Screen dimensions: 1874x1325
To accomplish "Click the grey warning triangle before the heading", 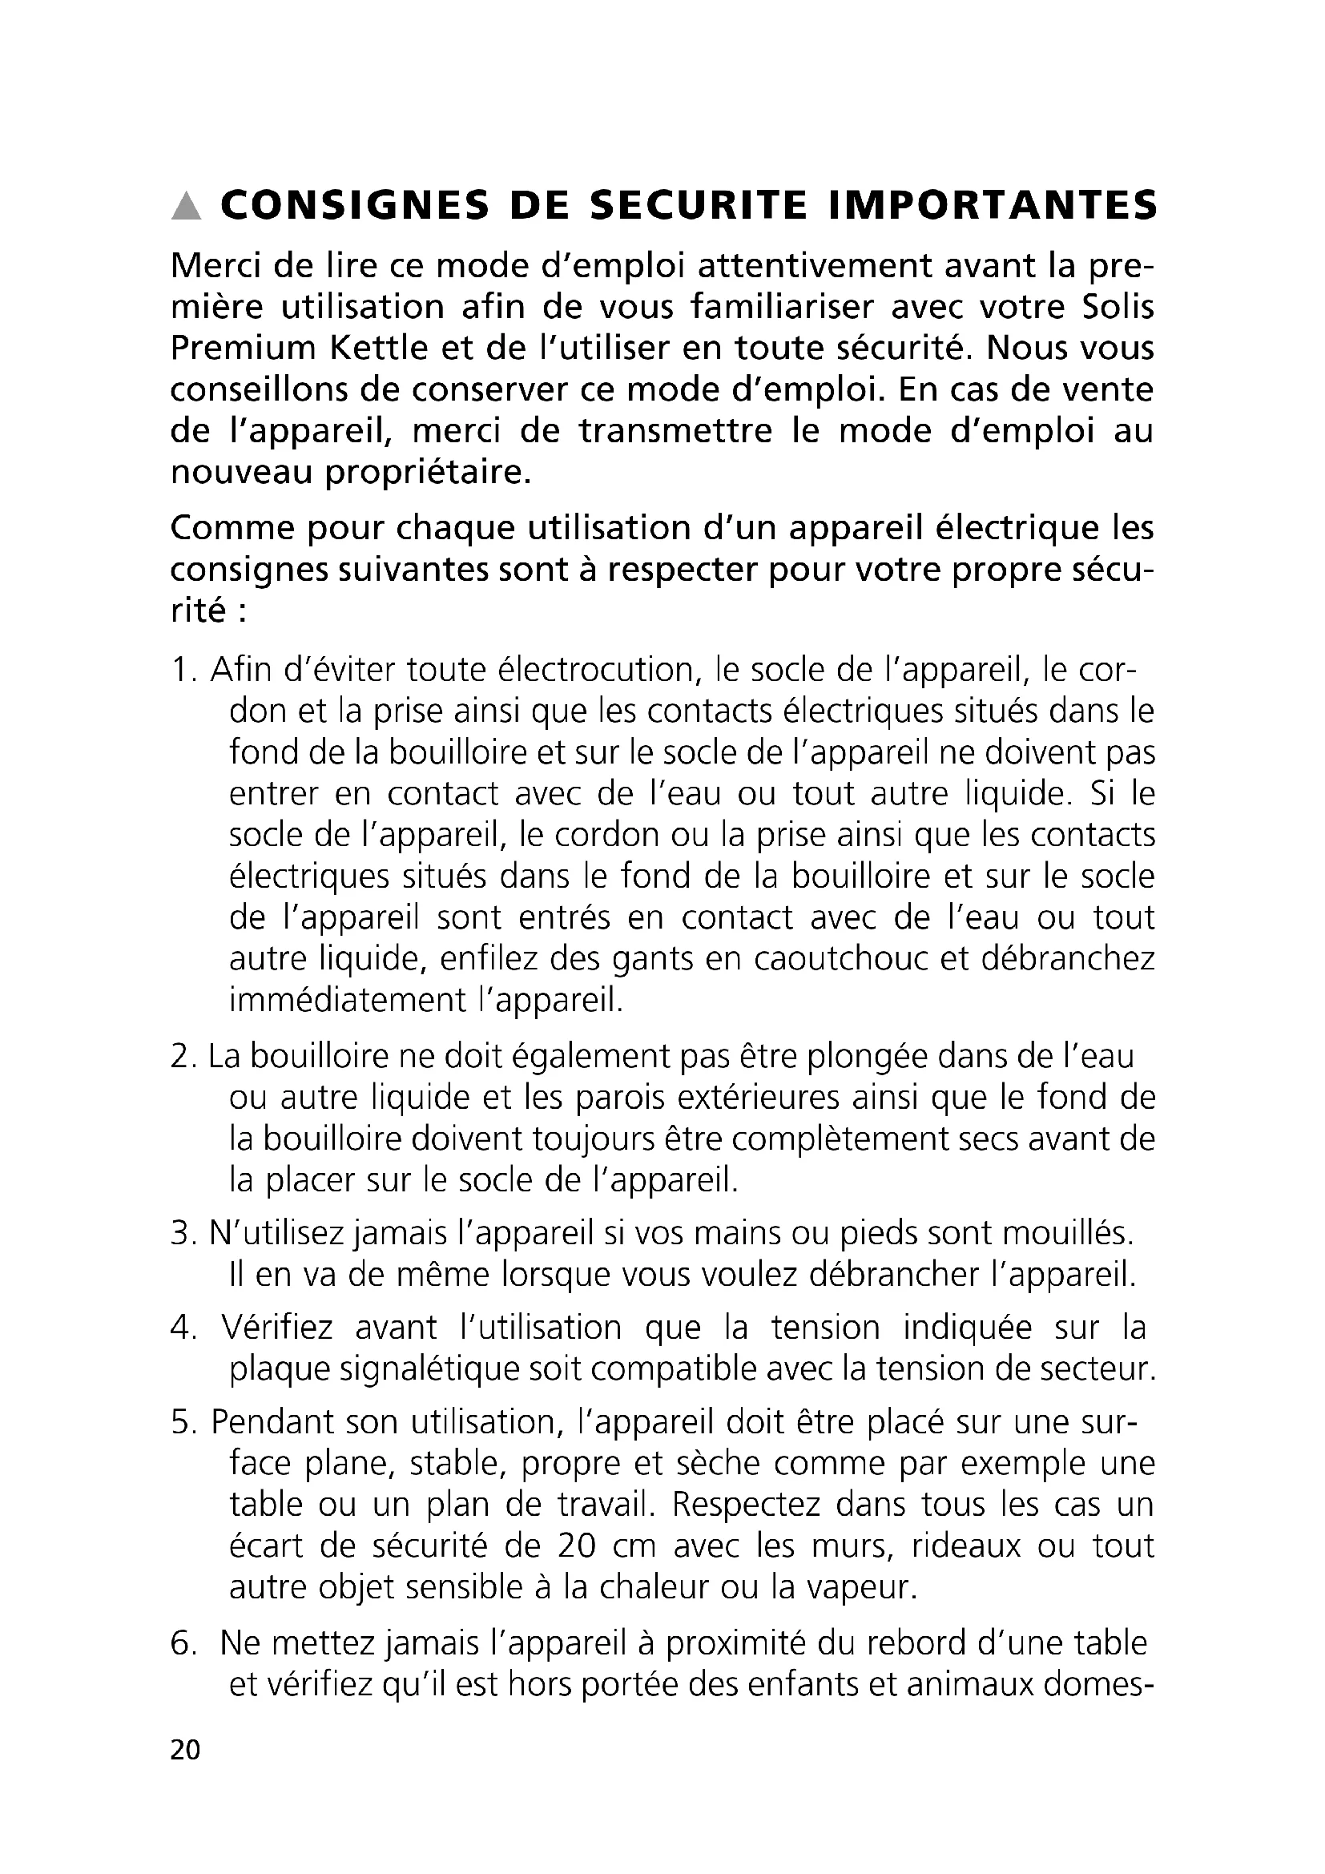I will tap(187, 206).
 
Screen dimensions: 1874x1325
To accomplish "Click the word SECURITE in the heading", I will tap(699, 205).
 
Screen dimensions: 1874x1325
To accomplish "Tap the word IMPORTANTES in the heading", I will tap(992, 205).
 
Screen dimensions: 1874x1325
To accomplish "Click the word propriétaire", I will tap(429, 473).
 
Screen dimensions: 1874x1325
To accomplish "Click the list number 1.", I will tap(182, 670).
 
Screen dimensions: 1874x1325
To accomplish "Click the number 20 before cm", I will tap(581, 1545).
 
